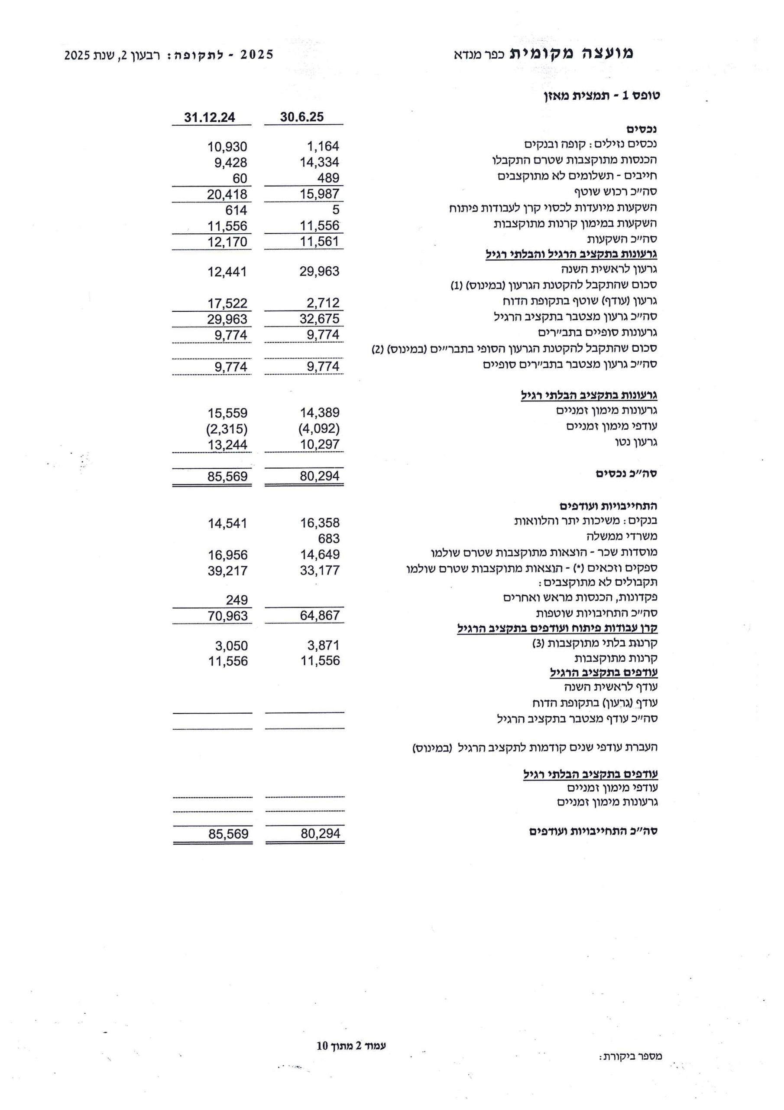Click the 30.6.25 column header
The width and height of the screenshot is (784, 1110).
click(x=302, y=117)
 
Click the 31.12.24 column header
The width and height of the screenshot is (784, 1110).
click(x=210, y=118)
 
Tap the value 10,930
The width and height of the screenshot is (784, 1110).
click(x=227, y=147)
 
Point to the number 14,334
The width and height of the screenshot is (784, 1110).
click(x=319, y=162)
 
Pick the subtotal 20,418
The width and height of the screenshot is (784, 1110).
click(x=227, y=194)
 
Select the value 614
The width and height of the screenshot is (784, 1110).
click(x=236, y=210)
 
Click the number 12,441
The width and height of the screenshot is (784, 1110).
click(x=227, y=272)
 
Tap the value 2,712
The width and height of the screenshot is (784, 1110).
click(x=323, y=303)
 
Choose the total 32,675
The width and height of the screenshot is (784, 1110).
click(x=319, y=319)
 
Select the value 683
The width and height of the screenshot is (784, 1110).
click(x=328, y=539)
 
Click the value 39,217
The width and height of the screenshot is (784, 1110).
click(x=227, y=571)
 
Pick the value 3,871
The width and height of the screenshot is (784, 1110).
click(x=323, y=646)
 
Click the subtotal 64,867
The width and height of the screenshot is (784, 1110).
click(x=320, y=615)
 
